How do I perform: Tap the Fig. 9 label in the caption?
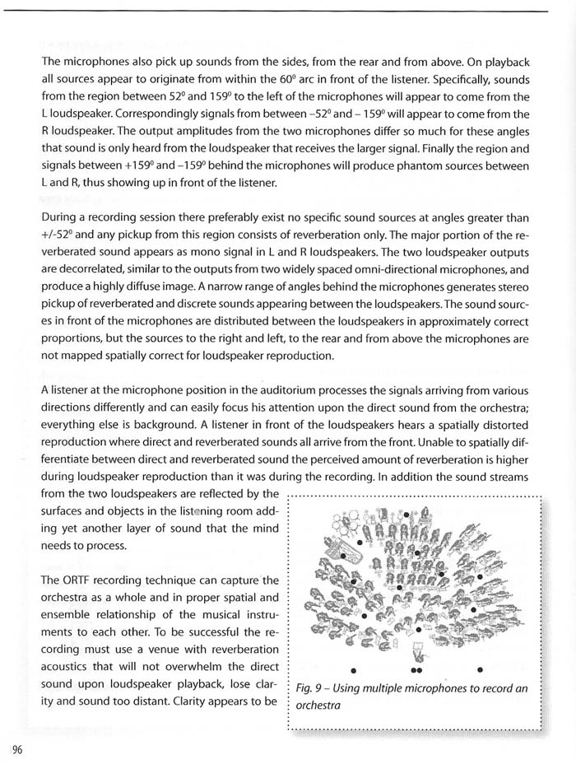click(309, 687)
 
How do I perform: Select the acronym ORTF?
click(83, 582)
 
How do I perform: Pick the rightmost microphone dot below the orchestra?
click(479, 669)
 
